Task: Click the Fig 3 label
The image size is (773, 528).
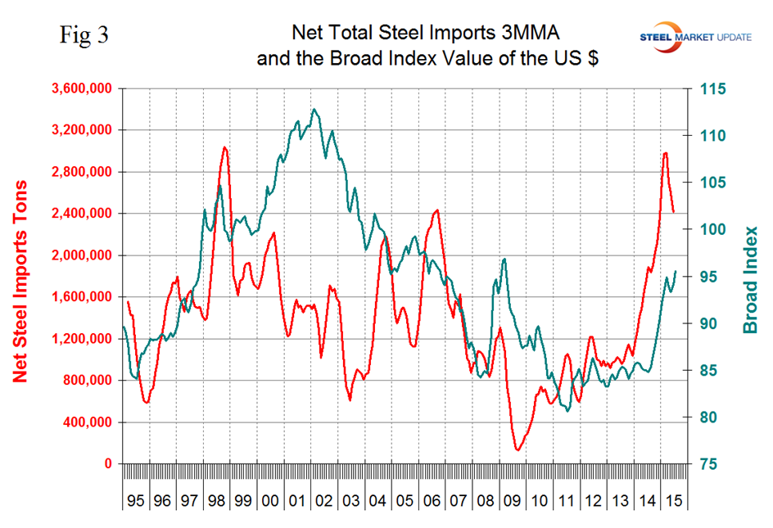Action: tap(84, 36)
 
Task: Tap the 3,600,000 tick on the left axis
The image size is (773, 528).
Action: tap(79, 88)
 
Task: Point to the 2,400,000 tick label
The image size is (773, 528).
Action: tap(79, 214)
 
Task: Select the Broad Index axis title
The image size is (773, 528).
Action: tap(748, 280)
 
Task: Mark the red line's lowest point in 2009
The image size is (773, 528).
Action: tap(518, 449)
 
